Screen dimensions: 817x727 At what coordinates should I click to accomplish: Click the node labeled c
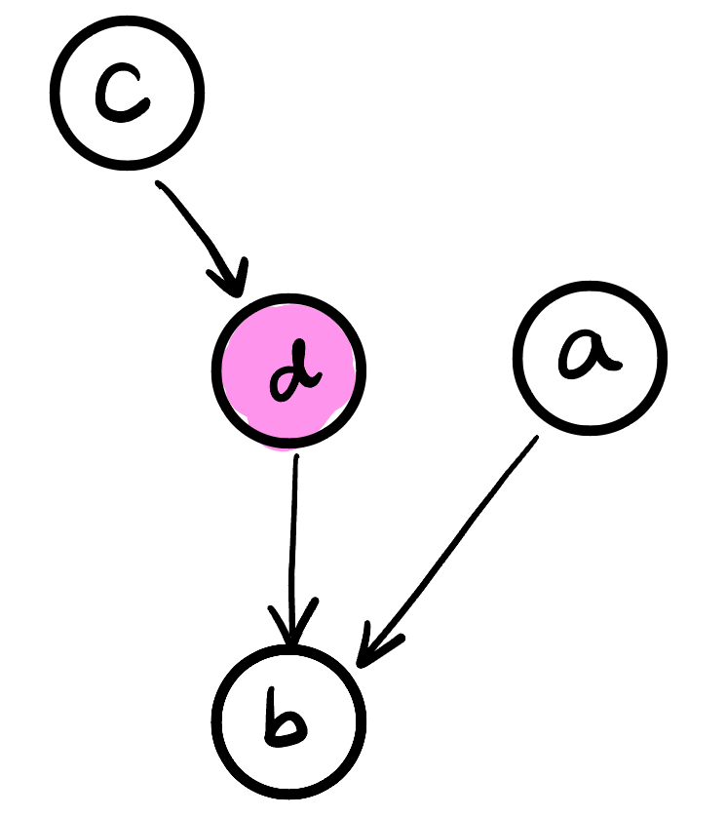128,92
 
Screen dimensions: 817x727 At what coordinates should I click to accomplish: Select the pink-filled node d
288,370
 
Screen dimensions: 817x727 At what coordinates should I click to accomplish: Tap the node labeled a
590,358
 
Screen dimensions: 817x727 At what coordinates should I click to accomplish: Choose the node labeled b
288,720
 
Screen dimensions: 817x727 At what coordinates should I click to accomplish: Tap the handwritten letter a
589,357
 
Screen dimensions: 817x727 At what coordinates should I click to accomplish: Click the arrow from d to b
292,546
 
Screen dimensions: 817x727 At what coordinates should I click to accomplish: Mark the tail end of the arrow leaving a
534,439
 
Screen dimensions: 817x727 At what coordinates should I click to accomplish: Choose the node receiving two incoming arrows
288,720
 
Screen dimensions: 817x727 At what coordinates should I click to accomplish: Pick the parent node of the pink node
128,92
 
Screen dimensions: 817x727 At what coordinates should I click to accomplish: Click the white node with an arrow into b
590,358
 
